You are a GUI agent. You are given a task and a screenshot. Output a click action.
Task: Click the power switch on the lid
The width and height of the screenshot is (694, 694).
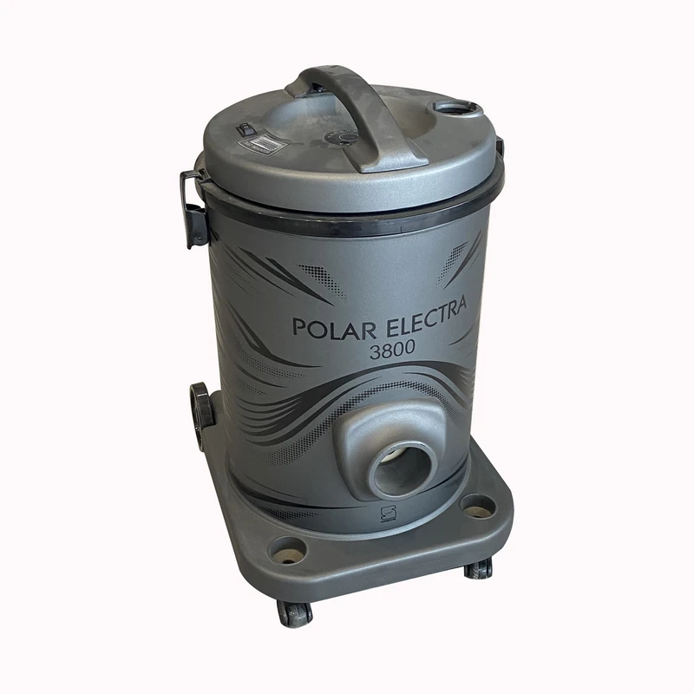click(x=243, y=128)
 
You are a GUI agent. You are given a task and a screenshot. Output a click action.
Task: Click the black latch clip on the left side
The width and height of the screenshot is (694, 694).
click(x=193, y=208)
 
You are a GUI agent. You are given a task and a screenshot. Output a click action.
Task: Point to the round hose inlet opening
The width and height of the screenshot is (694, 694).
click(x=402, y=470)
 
